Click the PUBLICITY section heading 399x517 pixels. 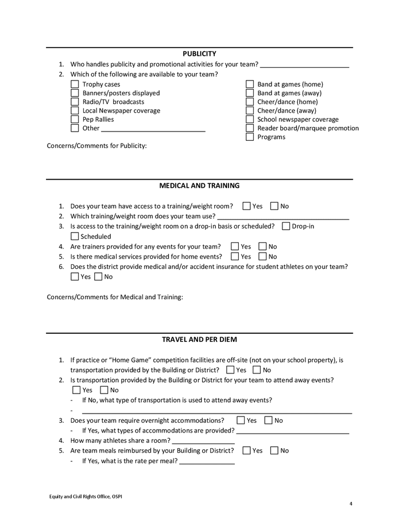coord(199,53)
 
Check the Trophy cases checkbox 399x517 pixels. coord(75,84)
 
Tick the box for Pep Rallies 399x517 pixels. coord(75,119)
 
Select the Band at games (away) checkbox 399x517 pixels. coord(250,93)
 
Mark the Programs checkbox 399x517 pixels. coord(250,137)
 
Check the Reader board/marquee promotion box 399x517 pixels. coord(250,128)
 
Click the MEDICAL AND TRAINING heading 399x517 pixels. coord(199,186)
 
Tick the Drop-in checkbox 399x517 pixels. coord(286,226)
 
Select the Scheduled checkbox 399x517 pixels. coord(75,236)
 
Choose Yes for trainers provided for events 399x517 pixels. coord(235,246)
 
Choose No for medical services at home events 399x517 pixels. coord(263,256)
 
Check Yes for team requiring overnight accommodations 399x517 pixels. coord(241,420)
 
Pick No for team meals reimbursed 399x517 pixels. coord(274,450)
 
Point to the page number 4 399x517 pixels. coord(351,504)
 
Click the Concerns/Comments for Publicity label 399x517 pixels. coord(96,146)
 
